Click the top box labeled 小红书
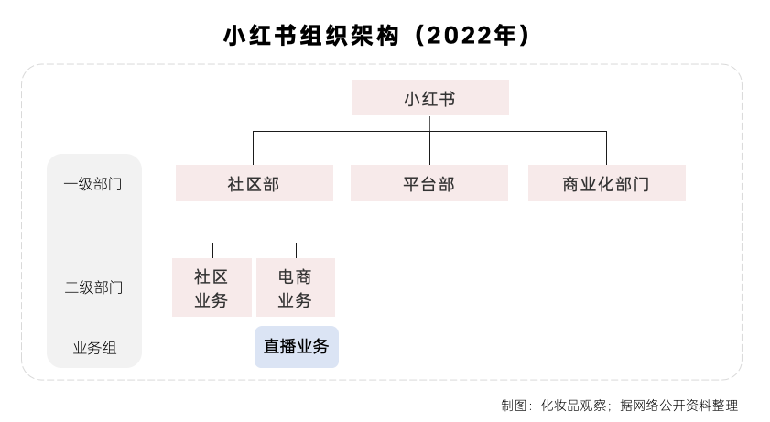pyautogui.click(x=430, y=98)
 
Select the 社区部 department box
pyautogui.click(x=255, y=183)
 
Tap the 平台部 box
pyautogui.click(x=429, y=183)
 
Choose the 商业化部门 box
pyautogui.click(x=607, y=183)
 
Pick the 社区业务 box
pyautogui.click(x=211, y=287)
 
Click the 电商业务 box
pyautogui.click(x=296, y=287)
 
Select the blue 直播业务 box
pyautogui.click(x=297, y=347)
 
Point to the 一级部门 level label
pyautogui.click(x=92, y=184)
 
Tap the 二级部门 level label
pyautogui.click(x=93, y=287)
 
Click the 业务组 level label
pyautogui.click(x=95, y=348)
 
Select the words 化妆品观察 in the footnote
pyautogui.click(x=573, y=406)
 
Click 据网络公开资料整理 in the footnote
pyautogui.click(x=679, y=406)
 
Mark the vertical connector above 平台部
pyautogui.click(x=429, y=140)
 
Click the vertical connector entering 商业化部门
pyautogui.click(x=606, y=148)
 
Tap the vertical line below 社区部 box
pyautogui.click(x=255, y=222)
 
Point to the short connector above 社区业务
pyautogui.click(x=212, y=250)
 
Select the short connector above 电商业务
pyautogui.click(x=296, y=250)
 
